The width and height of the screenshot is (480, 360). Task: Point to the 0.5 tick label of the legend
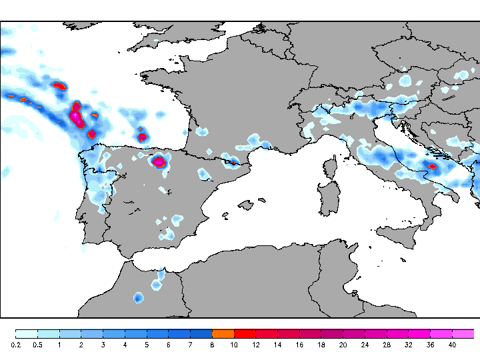coord(37,345)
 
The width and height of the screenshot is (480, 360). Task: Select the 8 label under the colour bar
coord(211,345)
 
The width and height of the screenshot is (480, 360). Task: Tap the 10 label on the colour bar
coord(233,345)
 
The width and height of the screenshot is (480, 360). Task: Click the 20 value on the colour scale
coord(343,345)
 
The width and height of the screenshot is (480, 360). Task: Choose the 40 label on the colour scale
coord(452,345)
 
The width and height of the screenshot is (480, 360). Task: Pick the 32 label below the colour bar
coord(408,345)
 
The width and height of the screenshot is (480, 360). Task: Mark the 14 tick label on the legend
coord(277,345)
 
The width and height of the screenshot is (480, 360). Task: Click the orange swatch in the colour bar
coord(223,333)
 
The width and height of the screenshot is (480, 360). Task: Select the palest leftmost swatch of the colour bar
coord(26,333)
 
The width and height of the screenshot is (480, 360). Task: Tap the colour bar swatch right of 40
coord(463,333)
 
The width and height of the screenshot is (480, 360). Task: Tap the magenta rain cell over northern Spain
coord(159,161)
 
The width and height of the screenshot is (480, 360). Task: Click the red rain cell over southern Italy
coord(432,166)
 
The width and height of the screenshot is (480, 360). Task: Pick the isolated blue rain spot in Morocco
coord(138,297)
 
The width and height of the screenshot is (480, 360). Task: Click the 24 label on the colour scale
coord(365,345)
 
